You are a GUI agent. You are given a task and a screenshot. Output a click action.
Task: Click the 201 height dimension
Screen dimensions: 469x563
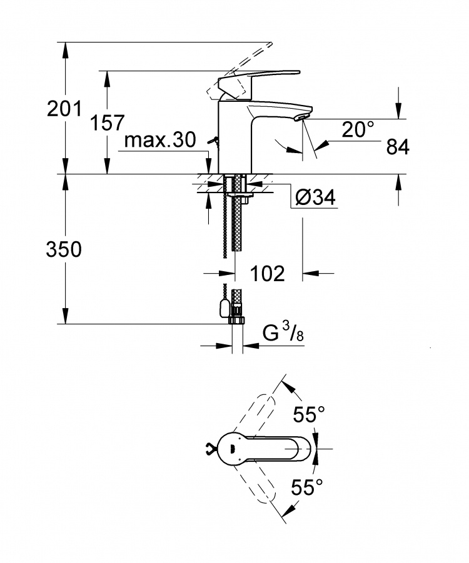tap(64, 109)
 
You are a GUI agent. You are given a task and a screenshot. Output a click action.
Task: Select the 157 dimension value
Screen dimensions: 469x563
tap(107, 123)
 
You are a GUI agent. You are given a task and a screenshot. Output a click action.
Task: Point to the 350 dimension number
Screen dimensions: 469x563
tap(64, 249)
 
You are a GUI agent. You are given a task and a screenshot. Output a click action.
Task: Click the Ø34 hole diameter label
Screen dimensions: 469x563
tap(315, 197)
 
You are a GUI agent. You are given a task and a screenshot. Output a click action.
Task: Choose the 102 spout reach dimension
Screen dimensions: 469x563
tap(268, 274)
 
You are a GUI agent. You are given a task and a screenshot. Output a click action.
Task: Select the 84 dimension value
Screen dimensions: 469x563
tap(398, 147)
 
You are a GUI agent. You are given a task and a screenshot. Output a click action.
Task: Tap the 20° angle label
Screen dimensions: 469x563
tap(358, 129)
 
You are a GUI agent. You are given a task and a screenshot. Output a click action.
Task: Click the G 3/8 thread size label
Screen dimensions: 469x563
tap(283, 333)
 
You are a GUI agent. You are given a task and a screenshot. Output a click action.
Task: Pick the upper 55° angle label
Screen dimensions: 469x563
tap(309, 414)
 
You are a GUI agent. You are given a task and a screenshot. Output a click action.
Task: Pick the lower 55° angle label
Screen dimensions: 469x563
tap(307, 487)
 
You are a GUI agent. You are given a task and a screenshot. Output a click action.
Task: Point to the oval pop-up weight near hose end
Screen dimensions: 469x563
tap(223, 309)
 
